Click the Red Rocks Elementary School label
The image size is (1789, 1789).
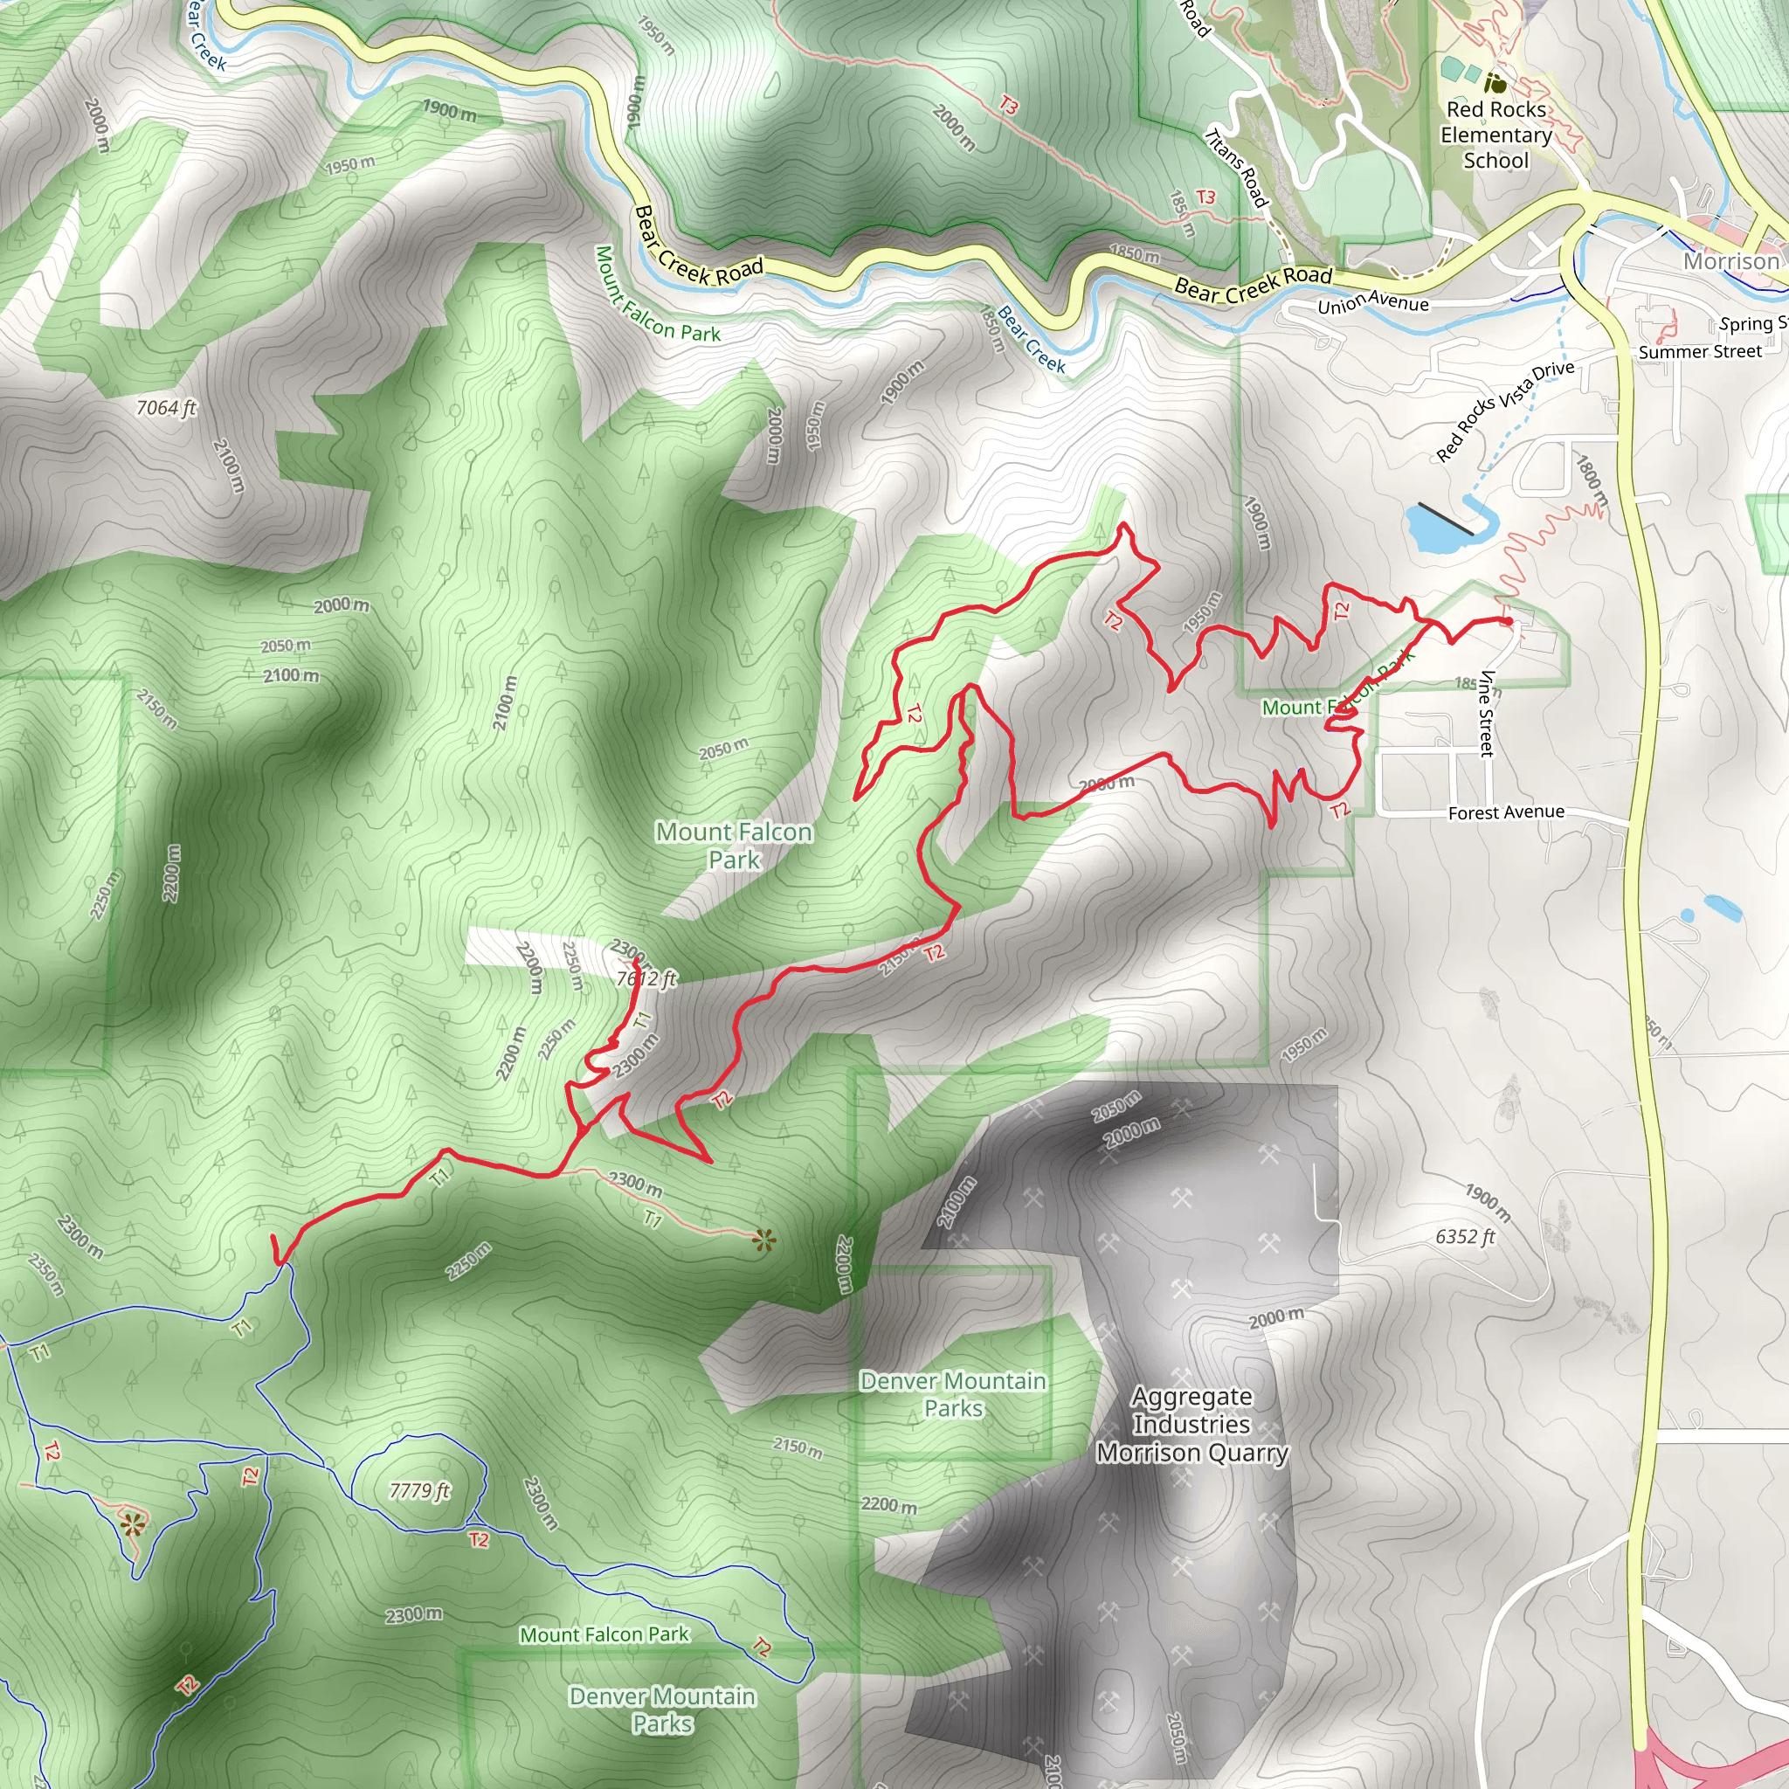point(1495,135)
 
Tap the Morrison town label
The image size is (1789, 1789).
point(1730,261)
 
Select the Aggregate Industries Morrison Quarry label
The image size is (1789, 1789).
point(1192,1425)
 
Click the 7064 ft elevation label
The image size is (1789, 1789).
point(167,407)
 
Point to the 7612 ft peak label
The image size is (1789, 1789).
point(646,978)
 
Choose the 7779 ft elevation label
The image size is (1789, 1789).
point(419,1490)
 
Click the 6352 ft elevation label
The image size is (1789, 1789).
point(1465,1236)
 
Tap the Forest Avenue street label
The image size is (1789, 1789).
point(1506,812)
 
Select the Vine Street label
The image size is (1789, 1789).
point(1486,712)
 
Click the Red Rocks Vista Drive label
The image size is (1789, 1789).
point(1505,411)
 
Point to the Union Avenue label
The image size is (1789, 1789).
point(1372,302)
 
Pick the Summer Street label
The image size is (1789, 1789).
point(1700,352)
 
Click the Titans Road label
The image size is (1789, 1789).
point(1236,168)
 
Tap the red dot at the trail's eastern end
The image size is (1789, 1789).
point(1509,621)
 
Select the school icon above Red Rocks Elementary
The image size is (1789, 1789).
point(1495,83)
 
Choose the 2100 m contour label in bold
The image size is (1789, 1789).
point(291,675)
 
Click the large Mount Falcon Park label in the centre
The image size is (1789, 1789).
point(734,846)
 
